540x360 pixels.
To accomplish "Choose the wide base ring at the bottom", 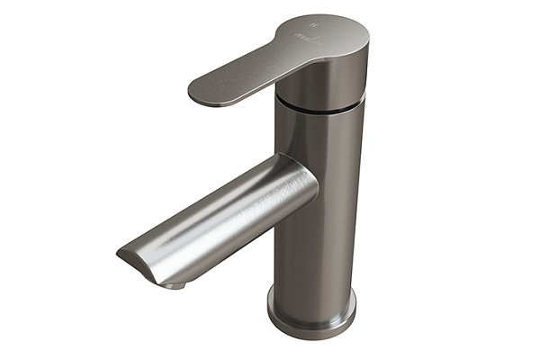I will coord(310,309).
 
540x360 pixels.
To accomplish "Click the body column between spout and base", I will coord(315,243).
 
